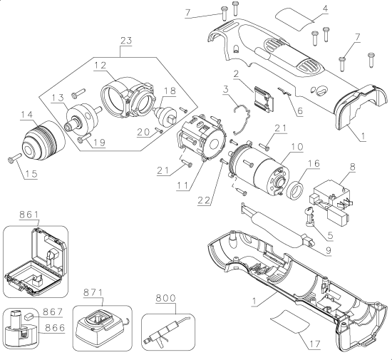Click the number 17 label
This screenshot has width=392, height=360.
(x=307, y=343)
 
